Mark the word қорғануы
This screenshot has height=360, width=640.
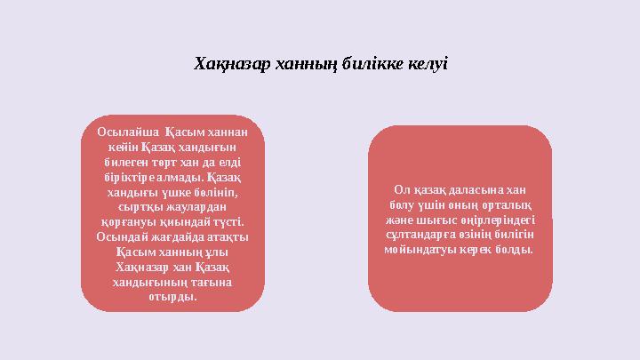coord(128,220)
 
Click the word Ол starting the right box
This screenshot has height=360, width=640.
coord(401,189)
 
